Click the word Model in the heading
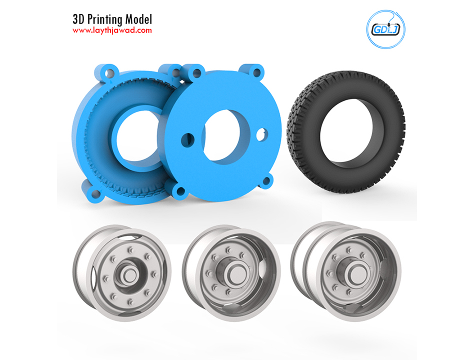click(x=139, y=19)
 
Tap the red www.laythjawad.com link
click(x=112, y=30)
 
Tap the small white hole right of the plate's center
click(x=261, y=134)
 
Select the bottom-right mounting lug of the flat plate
click(x=267, y=181)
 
